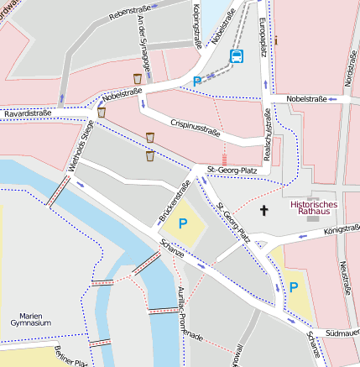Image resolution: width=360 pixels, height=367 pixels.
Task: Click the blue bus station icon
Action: click(237, 57)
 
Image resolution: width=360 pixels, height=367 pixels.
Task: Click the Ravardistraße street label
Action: click(28, 112)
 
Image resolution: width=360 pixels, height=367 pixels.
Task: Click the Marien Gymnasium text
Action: click(31, 317)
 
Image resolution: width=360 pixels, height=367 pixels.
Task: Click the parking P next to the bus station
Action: click(198, 81)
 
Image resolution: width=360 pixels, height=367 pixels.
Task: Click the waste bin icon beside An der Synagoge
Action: click(138, 78)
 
